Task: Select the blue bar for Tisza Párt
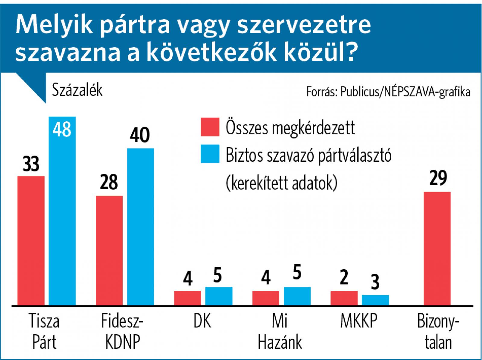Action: pyautogui.click(x=62, y=211)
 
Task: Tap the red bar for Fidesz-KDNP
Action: pyautogui.click(x=109, y=250)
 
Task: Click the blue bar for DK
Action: pyautogui.click(x=219, y=296)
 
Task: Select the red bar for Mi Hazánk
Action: pyautogui.click(x=266, y=298)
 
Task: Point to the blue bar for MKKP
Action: pyautogui.click(x=375, y=300)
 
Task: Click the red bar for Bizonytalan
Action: pyautogui.click(x=437, y=248)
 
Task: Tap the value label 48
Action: pyautogui.click(x=62, y=129)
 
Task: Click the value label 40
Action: pyautogui.click(x=140, y=135)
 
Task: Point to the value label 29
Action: pyautogui.click(x=438, y=179)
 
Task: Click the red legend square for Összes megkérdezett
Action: pyautogui.click(x=210, y=127)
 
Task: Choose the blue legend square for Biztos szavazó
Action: pyautogui.click(x=210, y=154)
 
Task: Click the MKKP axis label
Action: pyautogui.click(x=358, y=321)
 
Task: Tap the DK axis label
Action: pyautogui.click(x=202, y=321)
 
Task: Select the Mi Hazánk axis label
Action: pyautogui.click(x=280, y=331)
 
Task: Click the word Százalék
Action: pyautogui.click(x=77, y=89)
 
